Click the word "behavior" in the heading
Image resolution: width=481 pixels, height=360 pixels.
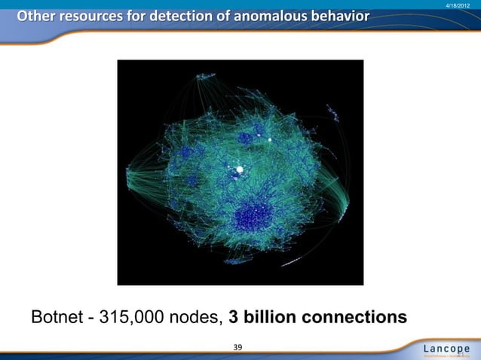[340, 15]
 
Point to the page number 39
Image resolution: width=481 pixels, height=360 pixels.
[238, 347]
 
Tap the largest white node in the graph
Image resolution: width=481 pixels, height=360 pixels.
[240, 169]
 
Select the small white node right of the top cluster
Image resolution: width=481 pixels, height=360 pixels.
[269, 139]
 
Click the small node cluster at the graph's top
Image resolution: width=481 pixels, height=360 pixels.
[204, 77]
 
